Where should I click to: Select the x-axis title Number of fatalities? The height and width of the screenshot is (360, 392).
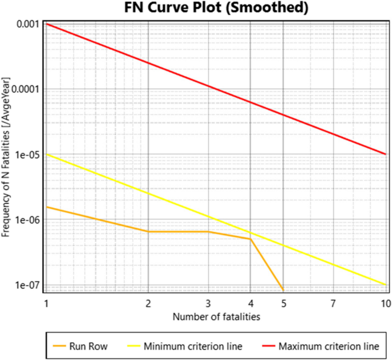pos(217,316)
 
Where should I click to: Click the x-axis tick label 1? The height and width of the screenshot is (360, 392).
pos(46,302)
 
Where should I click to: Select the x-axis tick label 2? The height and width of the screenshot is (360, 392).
pos(148,302)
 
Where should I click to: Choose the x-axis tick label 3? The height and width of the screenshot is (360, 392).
pos(208,302)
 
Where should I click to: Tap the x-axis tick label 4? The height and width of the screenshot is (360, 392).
pos(251,302)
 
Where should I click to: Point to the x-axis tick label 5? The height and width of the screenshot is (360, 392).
pos(284,302)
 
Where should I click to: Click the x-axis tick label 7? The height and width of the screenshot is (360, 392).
pos(334,302)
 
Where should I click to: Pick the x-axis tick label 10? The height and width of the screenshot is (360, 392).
pos(386,302)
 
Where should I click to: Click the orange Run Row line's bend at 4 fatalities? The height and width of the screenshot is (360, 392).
pos(251,239)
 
